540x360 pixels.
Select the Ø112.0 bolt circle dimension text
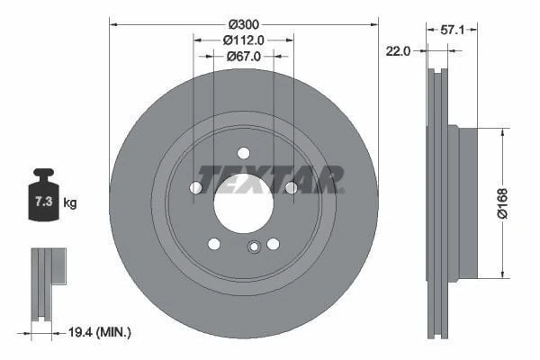243,40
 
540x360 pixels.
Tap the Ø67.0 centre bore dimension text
243,56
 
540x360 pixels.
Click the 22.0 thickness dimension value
397,51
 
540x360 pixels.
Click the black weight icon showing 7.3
42,196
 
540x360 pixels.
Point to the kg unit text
70,203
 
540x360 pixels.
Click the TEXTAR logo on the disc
269,178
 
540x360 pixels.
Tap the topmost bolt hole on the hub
243,153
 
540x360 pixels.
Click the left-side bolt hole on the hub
195,187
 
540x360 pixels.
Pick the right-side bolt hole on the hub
291,187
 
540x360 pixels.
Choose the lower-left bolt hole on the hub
213,244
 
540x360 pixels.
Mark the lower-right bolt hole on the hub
273,244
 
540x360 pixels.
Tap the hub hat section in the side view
468,202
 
